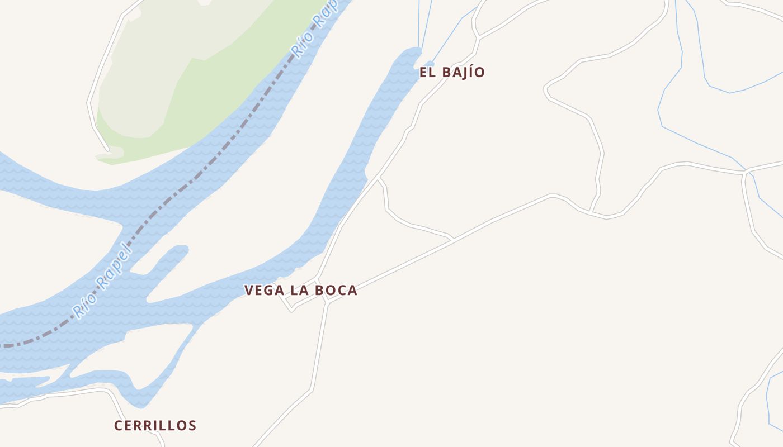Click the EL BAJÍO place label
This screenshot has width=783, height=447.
click(x=452, y=72)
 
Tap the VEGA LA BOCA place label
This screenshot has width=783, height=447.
click(x=300, y=291)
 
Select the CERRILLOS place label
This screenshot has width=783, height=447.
click(x=155, y=426)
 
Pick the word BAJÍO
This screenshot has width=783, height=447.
click(x=463, y=72)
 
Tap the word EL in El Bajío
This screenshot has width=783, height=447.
click(x=428, y=72)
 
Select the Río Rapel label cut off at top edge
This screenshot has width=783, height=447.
click(x=314, y=28)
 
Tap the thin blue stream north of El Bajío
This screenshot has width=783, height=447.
click(x=426, y=22)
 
